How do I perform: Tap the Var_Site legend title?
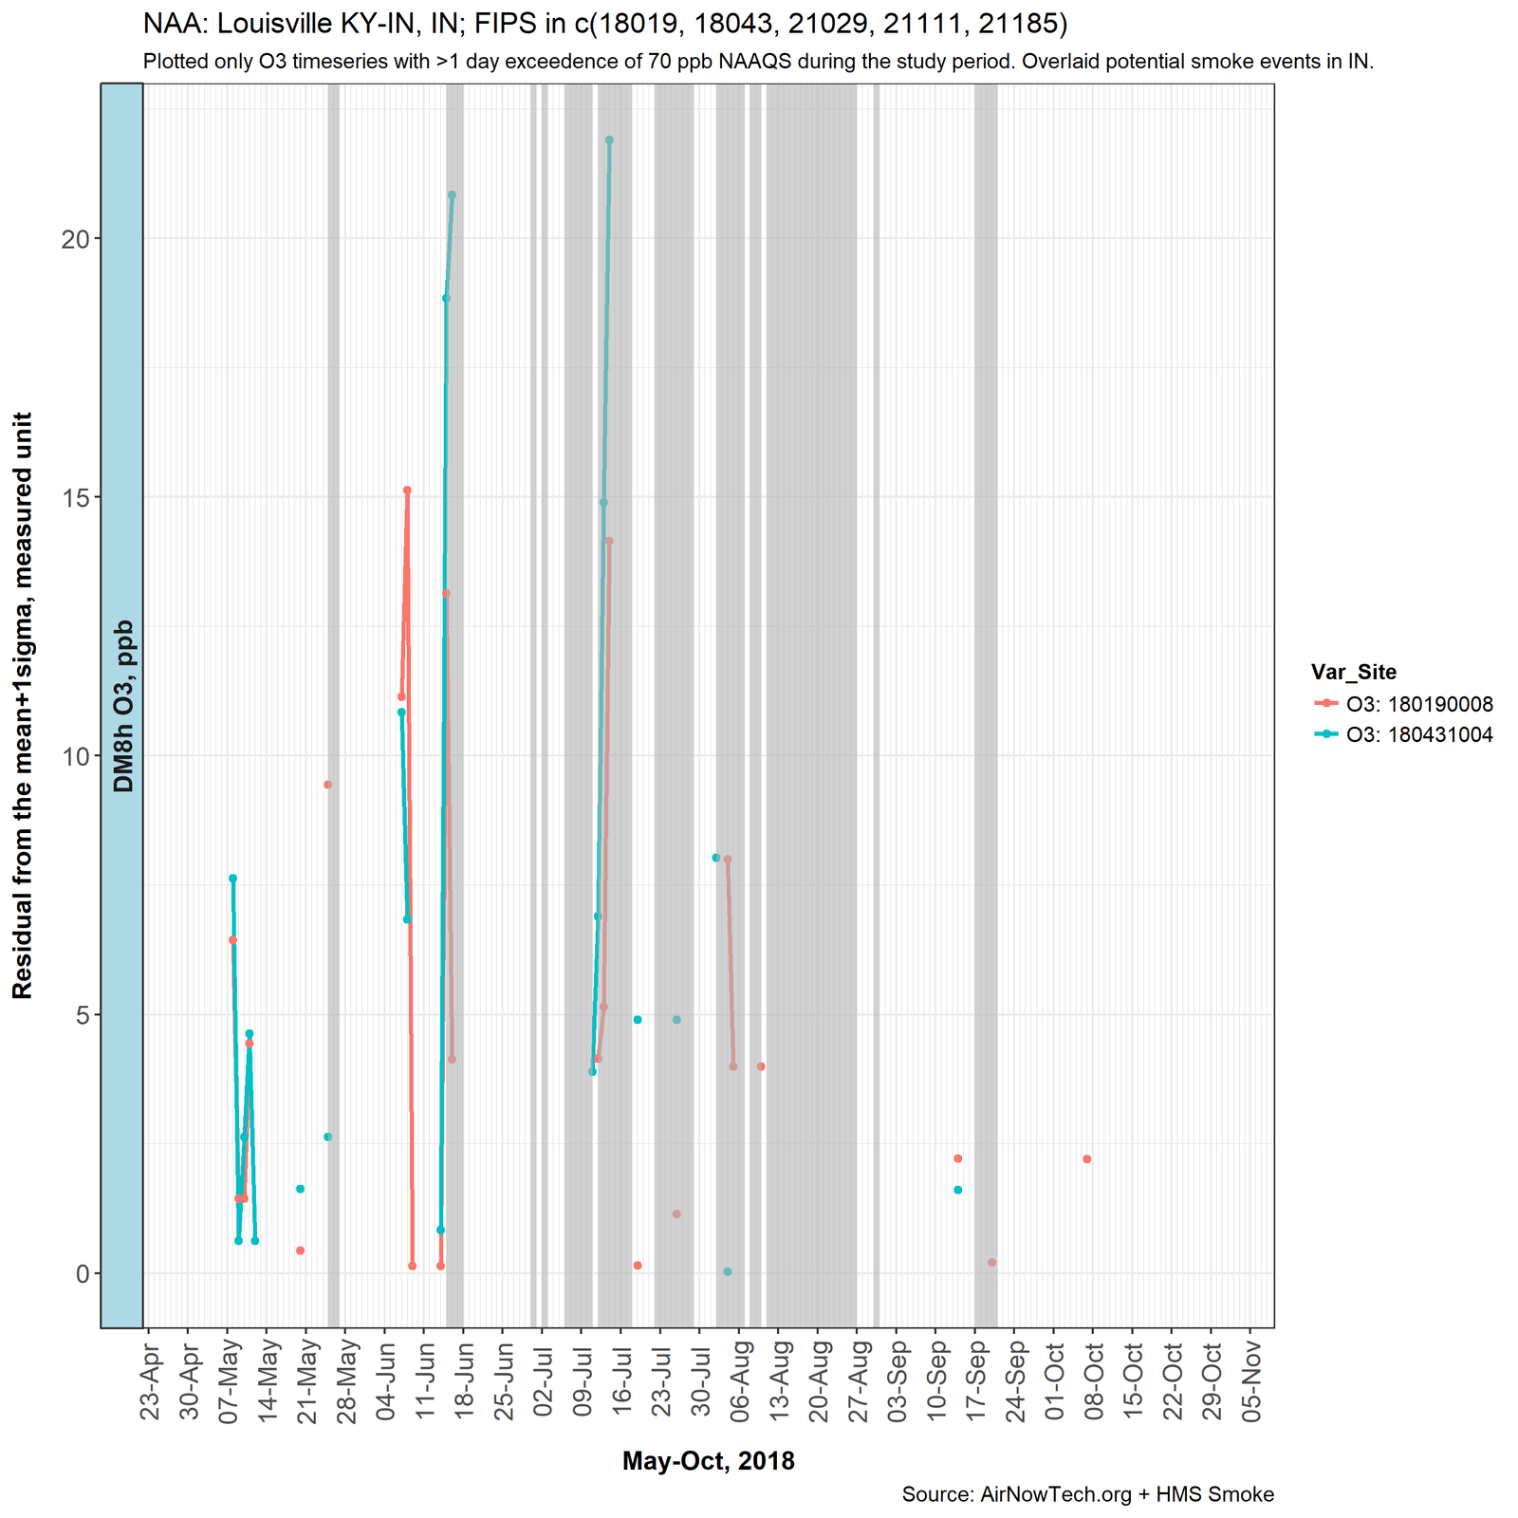1354,673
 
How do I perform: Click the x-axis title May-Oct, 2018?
708,1462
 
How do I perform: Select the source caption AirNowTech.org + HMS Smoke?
1087,1495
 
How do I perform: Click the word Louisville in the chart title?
272,23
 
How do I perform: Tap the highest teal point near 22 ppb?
609,139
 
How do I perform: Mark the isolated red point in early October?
1086,1159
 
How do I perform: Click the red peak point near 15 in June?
407,491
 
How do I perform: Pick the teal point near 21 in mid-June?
452,194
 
